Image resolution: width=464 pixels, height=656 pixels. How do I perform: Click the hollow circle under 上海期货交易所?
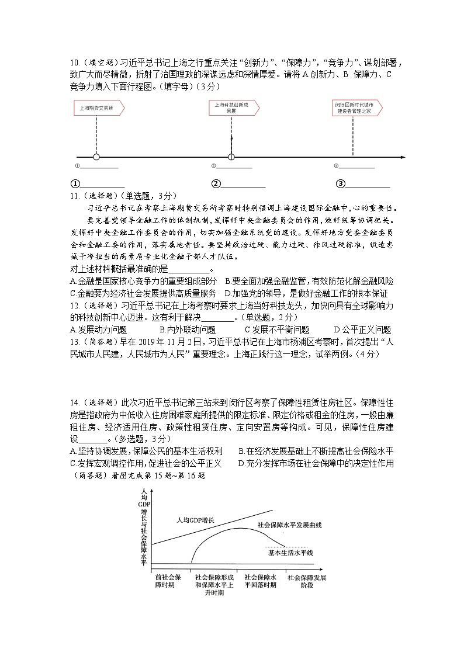[96, 157]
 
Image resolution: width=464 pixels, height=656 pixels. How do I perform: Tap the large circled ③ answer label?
[340, 184]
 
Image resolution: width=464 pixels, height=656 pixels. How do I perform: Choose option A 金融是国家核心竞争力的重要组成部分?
[143, 281]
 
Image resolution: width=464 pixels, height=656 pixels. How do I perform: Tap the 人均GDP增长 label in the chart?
[196, 519]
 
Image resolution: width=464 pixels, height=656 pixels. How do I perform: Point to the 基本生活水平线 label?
[291, 553]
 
